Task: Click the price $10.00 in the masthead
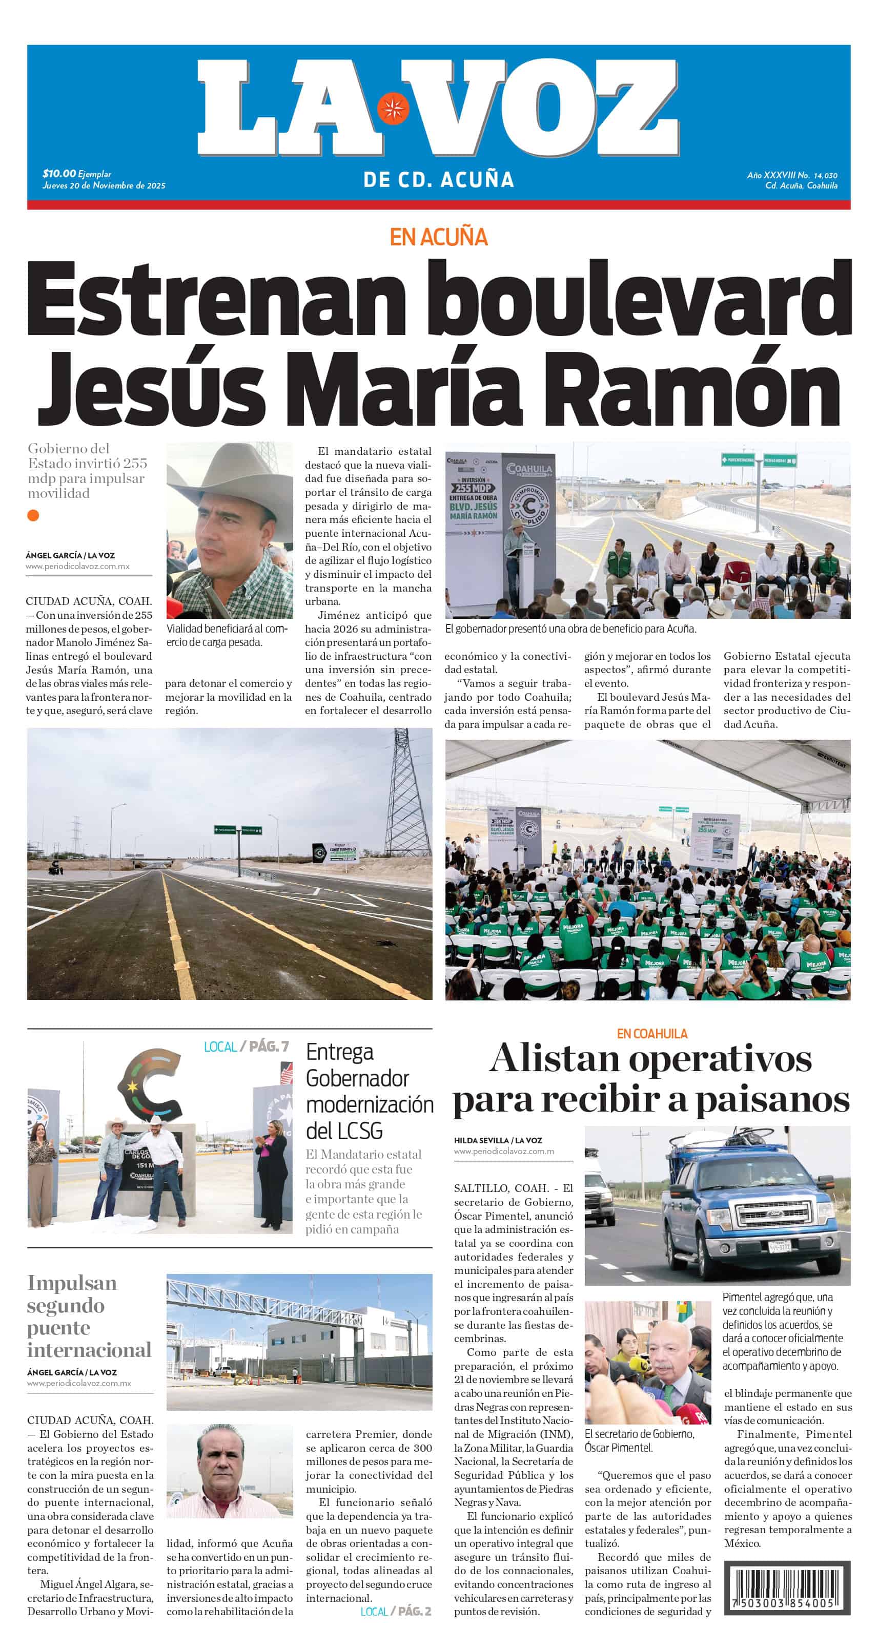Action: click(59, 173)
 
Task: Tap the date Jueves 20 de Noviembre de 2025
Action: click(104, 185)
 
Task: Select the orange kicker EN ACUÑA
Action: click(438, 237)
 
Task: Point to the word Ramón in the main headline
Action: click(697, 388)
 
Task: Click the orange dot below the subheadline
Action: click(33, 515)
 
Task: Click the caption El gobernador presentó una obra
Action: click(570, 629)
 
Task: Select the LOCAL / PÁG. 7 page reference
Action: click(247, 1047)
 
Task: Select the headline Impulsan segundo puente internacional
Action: click(89, 1315)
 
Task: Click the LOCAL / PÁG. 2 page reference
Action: click(395, 1611)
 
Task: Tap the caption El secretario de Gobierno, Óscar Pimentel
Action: click(639, 1440)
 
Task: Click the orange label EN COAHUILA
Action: click(652, 1033)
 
